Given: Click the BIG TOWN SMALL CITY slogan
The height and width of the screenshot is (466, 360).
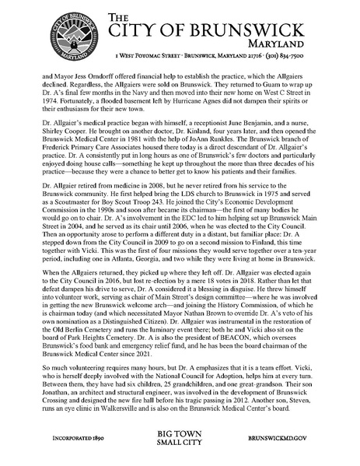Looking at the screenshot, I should (x=180, y=440).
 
